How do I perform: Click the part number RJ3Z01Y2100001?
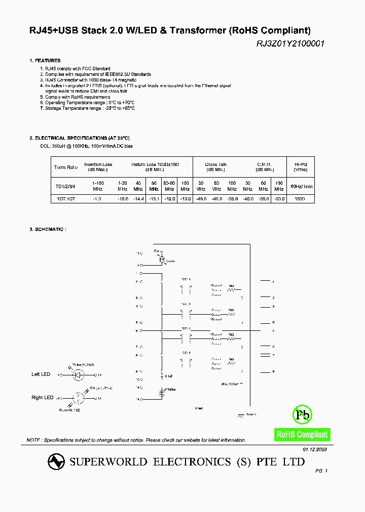pyautogui.click(x=290, y=44)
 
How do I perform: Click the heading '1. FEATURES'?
pyautogui.click(x=45, y=61)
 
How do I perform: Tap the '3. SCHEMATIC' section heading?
pyautogui.click(x=48, y=230)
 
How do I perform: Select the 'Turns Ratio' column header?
pyautogui.click(x=66, y=167)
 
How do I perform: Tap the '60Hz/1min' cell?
pyautogui.click(x=301, y=186)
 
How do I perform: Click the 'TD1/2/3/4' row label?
pyautogui.click(x=66, y=186)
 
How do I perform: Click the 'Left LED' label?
pyautogui.click(x=41, y=374)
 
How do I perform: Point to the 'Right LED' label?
pyautogui.click(x=42, y=398)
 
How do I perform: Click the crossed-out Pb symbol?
pyautogui.click(x=303, y=415)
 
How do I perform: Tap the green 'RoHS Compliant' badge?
pyautogui.click(x=302, y=434)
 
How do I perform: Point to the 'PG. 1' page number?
pyautogui.click(x=321, y=471)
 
